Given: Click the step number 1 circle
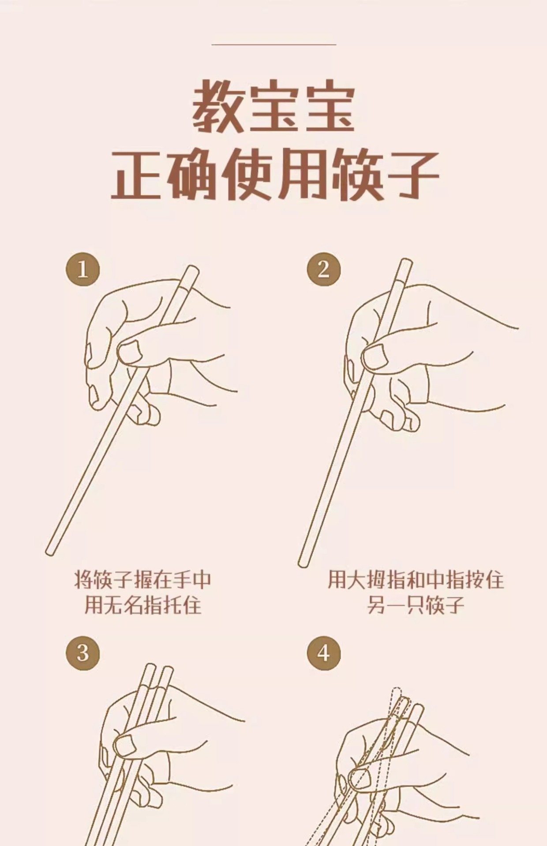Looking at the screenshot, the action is pyautogui.click(x=83, y=269).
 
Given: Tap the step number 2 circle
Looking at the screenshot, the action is pyautogui.click(x=324, y=269).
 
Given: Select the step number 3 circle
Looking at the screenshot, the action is pyautogui.click(x=83, y=653).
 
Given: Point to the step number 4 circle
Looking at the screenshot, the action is pyautogui.click(x=324, y=653).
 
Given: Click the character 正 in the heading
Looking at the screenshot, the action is pyautogui.click(x=136, y=174).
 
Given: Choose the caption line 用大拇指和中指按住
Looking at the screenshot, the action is pyautogui.click(x=415, y=580).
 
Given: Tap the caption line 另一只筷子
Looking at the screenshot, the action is pyautogui.click(x=415, y=605).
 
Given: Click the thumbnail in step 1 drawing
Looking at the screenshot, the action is pyautogui.click(x=130, y=352).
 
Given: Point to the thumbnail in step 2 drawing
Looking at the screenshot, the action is pyautogui.click(x=373, y=356).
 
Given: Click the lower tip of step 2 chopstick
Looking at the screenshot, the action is pyautogui.click(x=302, y=563).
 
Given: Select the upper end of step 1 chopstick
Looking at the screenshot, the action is pyautogui.click(x=192, y=268).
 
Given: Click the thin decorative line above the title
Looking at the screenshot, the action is pyautogui.click(x=274, y=44).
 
